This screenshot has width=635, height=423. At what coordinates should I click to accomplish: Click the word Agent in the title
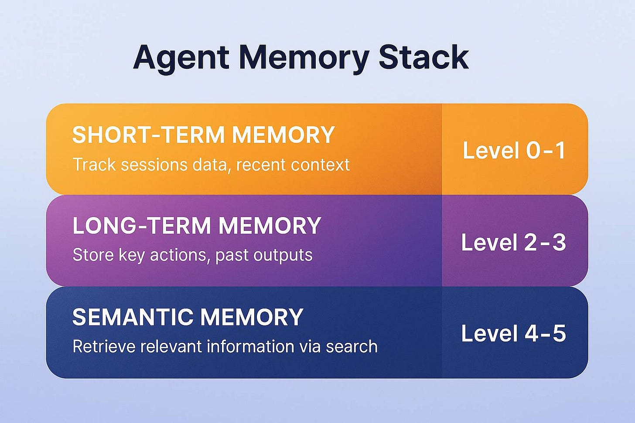click(x=181, y=58)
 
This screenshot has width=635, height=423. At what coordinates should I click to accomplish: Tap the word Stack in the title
click(x=423, y=57)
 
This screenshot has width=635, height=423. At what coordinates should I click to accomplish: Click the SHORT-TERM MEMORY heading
click(x=203, y=135)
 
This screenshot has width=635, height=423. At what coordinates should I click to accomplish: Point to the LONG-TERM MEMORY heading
click(x=197, y=226)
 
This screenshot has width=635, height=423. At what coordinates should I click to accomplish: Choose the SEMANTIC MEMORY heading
click(x=188, y=317)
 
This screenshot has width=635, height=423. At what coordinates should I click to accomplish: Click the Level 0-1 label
click(x=514, y=151)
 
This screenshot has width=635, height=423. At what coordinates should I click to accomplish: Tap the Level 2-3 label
click(x=513, y=242)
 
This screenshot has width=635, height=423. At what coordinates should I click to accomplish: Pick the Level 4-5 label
click(x=513, y=333)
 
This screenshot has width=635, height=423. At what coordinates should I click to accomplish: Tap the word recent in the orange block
click(x=261, y=165)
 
